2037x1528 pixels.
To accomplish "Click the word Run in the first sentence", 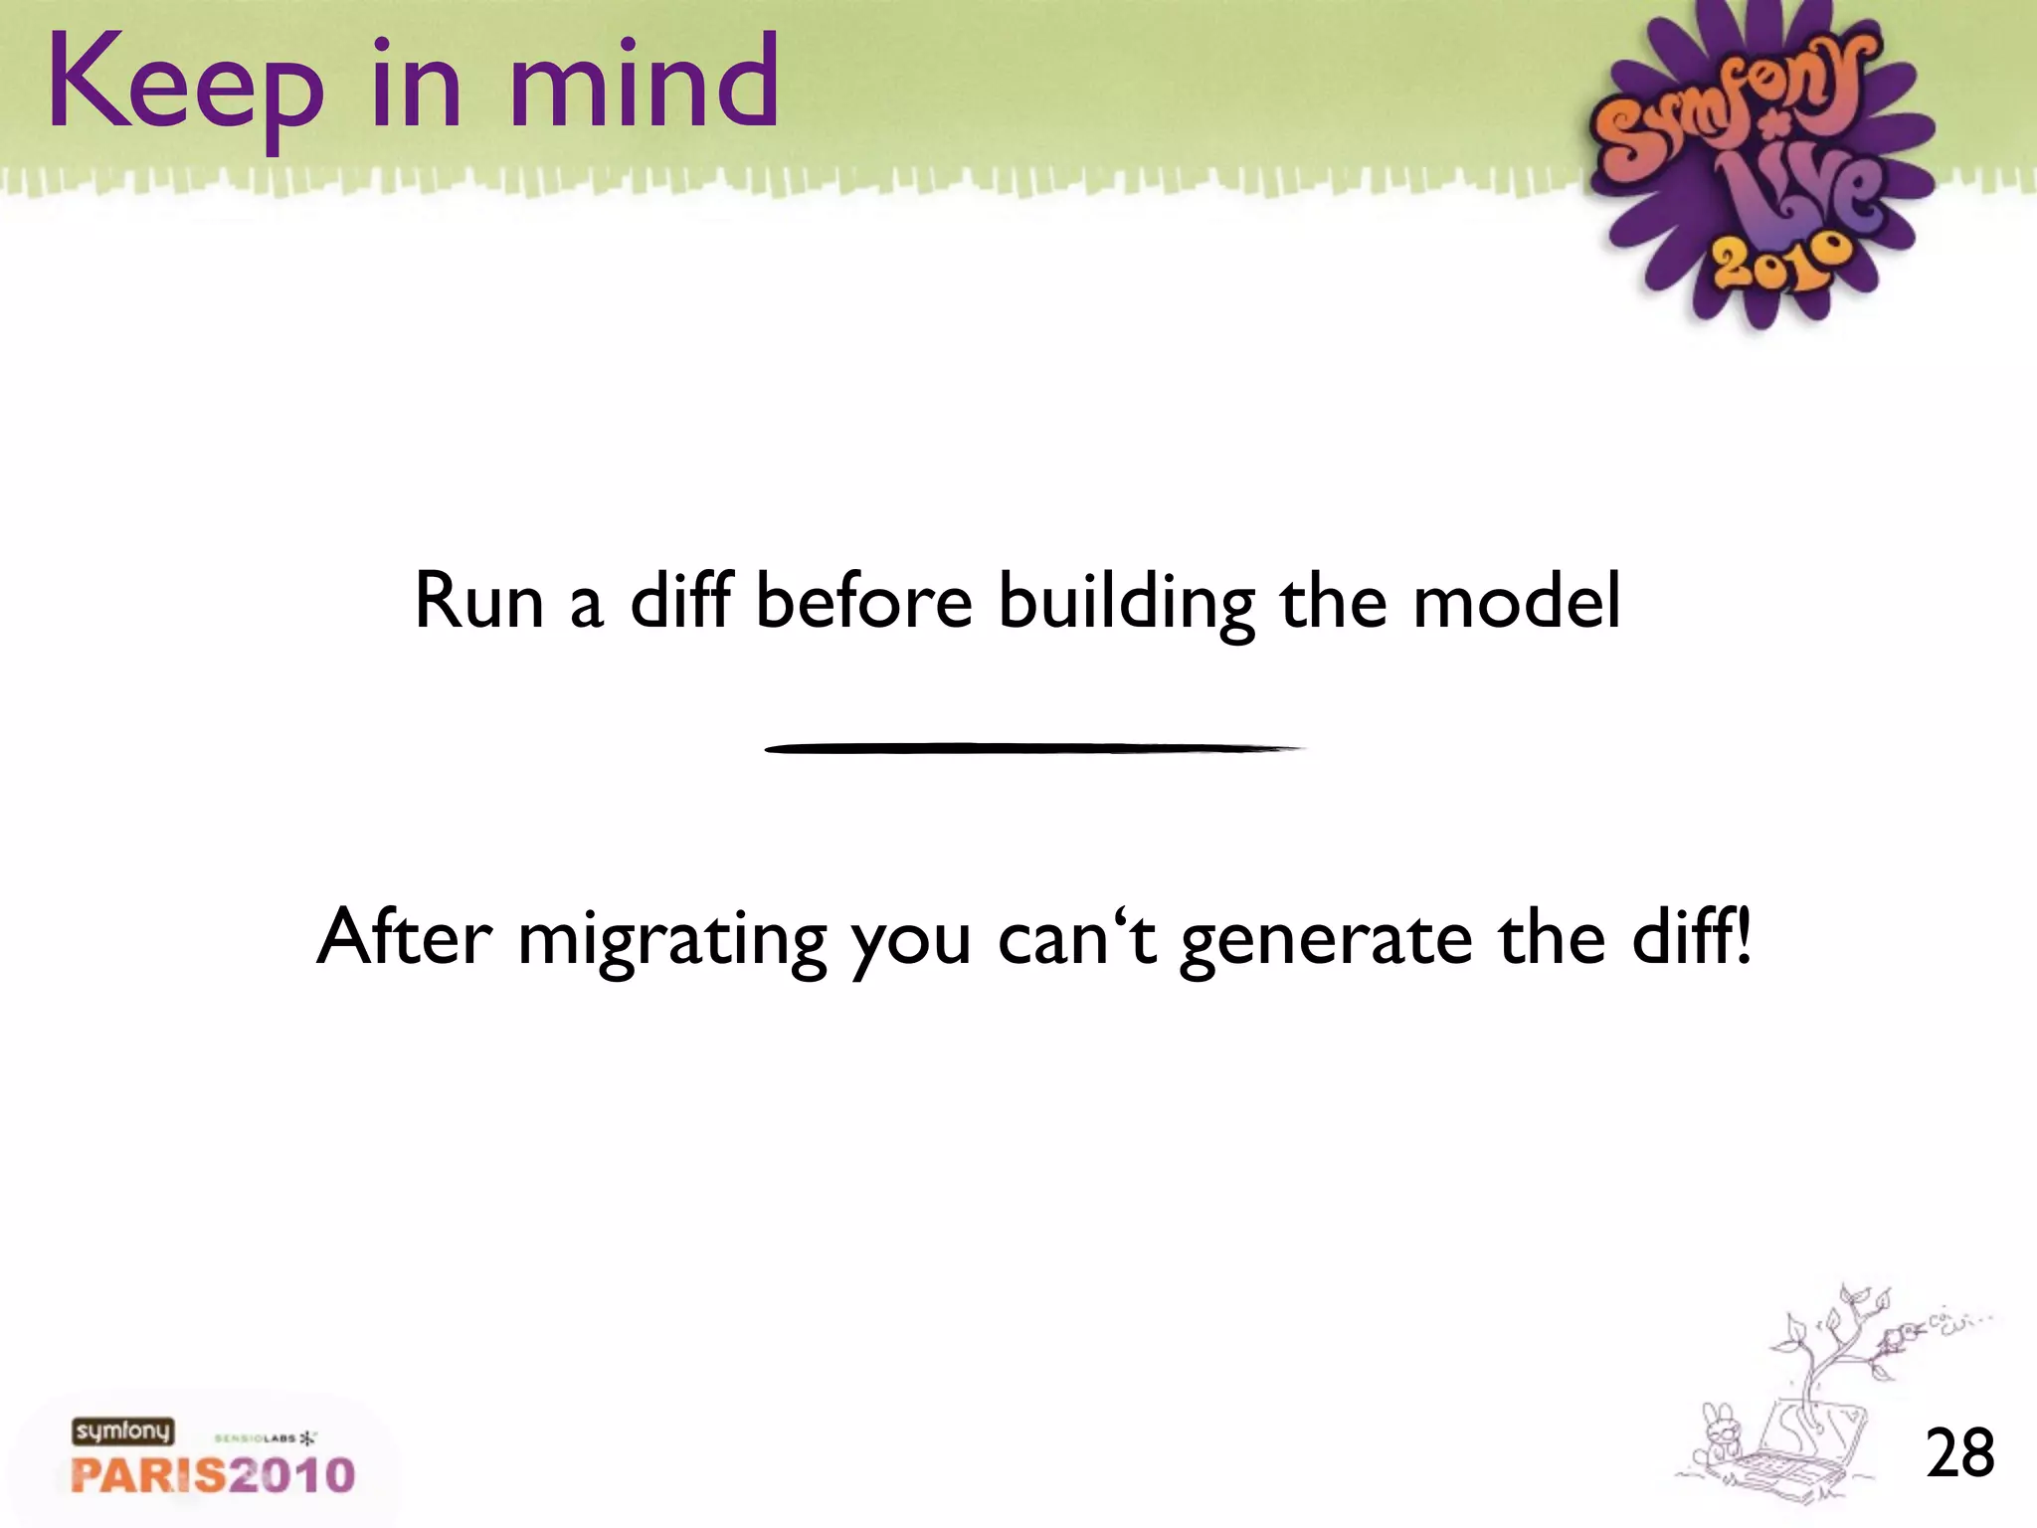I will tap(478, 601).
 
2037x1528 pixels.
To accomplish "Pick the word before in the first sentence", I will tap(863, 601).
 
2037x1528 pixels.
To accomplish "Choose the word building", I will tap(1127, 605).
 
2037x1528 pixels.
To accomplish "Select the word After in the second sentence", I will tap(404, 937).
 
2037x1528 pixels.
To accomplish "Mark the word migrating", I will tap(672, 941).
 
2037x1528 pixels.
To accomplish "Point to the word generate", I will tap(1326, 941).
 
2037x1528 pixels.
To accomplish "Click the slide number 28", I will tap(1959, 1453).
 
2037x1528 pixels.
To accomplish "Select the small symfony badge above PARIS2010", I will tap(122, 1432).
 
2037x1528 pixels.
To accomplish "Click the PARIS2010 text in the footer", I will tap(213, 1474).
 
